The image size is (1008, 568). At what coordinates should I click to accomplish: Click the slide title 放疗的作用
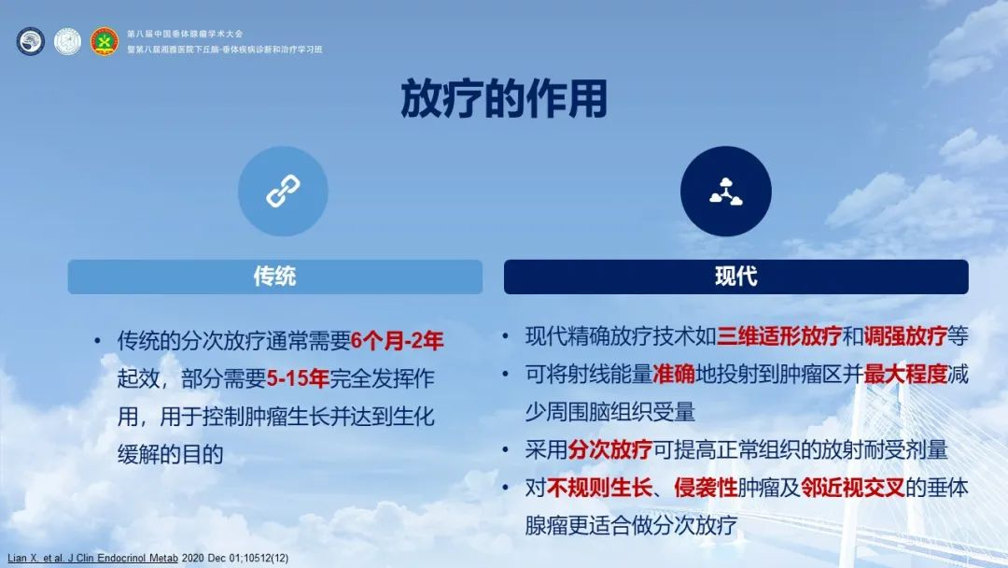pos(504,99)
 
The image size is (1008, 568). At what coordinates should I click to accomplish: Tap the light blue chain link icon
pos(283,192)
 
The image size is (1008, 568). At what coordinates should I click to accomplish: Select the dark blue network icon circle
pos(726,192)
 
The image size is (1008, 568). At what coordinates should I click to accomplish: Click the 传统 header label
pos(274,277)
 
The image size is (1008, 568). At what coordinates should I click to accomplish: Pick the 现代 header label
pos(736,277)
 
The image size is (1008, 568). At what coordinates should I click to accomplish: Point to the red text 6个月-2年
pos(398,341)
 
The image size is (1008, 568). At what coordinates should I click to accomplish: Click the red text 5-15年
pos(298,379)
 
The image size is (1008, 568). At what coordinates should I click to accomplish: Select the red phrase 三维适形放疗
pos(779,335)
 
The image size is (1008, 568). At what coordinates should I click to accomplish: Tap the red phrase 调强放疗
pos(905,335)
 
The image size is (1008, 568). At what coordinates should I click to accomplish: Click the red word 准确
pos(674,374)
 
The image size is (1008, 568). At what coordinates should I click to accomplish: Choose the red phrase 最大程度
pos(905,374)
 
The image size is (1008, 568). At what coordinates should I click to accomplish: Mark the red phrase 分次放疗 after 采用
pos(610,449)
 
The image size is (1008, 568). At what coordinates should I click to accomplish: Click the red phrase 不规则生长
pos(599,488)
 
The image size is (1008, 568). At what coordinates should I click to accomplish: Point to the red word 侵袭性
pos(706,488)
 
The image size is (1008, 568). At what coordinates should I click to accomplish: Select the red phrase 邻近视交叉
pos(852,488)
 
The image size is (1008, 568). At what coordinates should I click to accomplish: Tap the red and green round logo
pos(105,41)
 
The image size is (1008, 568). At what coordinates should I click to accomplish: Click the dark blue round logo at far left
pos(30,41)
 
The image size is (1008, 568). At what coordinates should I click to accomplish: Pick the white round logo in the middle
pos(67,41)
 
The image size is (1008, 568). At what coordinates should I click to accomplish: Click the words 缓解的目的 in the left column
pos(171,455)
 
